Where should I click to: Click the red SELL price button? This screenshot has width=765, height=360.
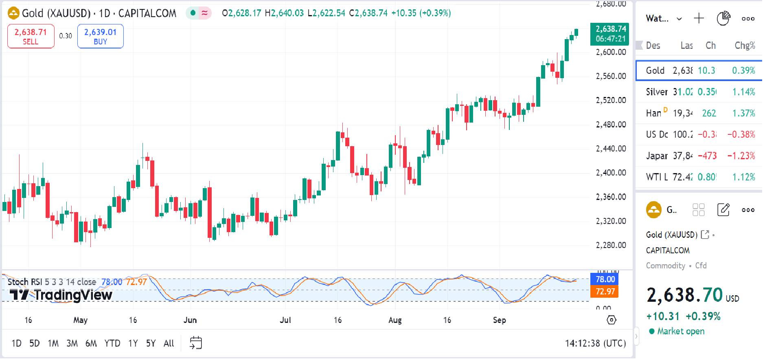coord(31,36)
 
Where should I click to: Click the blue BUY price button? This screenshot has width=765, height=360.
coord(100,36)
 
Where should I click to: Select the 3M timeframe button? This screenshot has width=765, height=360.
coord(72,343)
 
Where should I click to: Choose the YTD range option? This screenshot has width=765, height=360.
coord(112,343)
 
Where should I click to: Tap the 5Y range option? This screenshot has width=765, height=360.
coord(151,343)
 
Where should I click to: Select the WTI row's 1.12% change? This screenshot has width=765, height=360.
coord(743,177)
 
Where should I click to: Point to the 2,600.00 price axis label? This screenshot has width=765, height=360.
coord(611,52)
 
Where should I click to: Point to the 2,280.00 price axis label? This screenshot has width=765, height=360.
coord(611,245)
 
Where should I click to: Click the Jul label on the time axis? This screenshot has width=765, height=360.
coord(285,320)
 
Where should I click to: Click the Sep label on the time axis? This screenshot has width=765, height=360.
coord(499,320)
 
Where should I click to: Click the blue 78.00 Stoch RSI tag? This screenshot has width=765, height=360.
coord(605,279)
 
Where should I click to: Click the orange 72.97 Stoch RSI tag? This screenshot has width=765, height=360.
coord(605,292)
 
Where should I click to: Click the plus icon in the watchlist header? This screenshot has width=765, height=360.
coord(699,18)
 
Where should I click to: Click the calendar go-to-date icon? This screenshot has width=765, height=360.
coord(196,343)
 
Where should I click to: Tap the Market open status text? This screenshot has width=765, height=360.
coord(680,331)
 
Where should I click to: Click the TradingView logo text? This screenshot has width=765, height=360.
coord(61,294)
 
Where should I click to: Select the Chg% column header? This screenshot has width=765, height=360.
coord(744,46)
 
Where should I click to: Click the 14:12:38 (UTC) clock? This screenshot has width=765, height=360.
coord(595,343)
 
